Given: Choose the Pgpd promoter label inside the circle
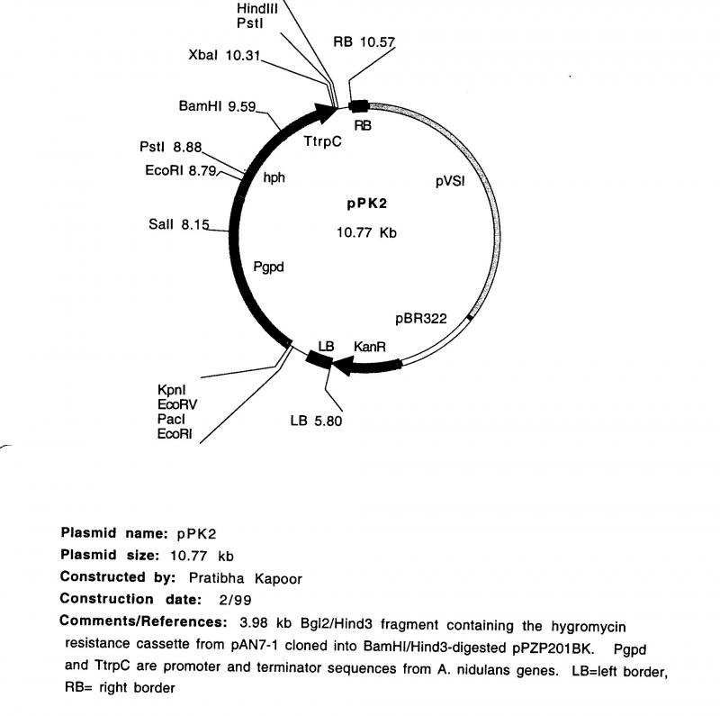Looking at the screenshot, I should (x=268, y=267).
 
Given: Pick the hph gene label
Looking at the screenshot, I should (x=274, y=177).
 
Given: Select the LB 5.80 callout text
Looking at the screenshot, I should (x=316, y=420).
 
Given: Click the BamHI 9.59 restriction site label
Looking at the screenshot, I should (x=217, y=106).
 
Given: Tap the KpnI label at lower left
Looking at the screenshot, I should (x=170, y=389).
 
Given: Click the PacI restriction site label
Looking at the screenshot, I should (x=170, y=420).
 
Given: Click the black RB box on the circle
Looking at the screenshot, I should (x=359, y=107).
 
